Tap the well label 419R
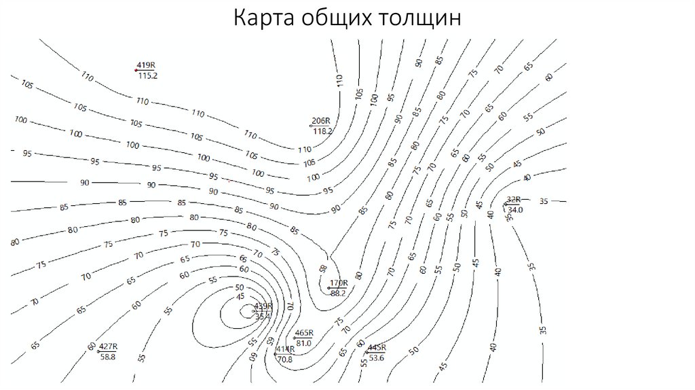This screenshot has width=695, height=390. tap(147, 65)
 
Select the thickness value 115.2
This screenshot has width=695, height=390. tap(147, 75)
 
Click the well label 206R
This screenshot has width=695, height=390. tap(320, 121)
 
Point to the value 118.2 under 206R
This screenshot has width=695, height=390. tap(322, 131)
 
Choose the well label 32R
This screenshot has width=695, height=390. tap(514, 199)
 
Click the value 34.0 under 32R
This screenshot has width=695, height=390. tap(515, 210)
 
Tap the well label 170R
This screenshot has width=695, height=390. tap(339, 283)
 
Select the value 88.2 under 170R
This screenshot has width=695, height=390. tap(339, 293)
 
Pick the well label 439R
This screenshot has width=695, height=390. tap(263, 306)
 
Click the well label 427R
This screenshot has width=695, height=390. tap(109, 346)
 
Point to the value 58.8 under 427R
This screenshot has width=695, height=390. tap(108, 356)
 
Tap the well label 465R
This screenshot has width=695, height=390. tap(304, 333)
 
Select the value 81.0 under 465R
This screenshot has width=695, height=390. tap(304, 343)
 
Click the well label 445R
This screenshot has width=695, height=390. tap(377, 347)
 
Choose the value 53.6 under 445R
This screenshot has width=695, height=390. tap(377, 357)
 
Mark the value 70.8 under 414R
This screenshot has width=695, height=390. tap(284, 359)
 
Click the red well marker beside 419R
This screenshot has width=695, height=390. tap(136, 70)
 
